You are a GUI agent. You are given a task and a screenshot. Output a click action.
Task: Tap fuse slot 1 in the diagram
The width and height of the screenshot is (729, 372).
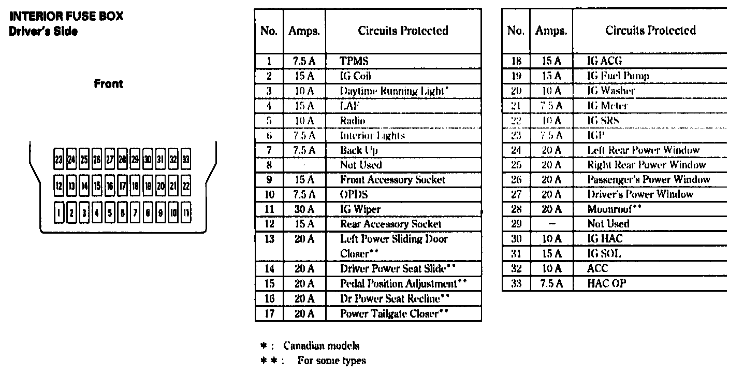(60, 213)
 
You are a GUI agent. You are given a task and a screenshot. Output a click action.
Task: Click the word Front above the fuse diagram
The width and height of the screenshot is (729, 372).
(108, 83)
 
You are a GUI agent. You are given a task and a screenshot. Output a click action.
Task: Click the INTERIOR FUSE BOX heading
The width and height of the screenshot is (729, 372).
(66, 16)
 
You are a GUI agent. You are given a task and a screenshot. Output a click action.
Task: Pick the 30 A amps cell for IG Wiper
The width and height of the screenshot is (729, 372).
(304, 209)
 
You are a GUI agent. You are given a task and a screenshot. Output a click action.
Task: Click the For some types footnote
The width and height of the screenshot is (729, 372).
(331, 361)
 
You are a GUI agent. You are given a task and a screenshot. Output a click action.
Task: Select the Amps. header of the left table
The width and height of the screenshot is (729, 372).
(304, 31)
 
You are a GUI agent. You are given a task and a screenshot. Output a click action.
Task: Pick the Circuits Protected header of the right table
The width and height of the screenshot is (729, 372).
(650, 31)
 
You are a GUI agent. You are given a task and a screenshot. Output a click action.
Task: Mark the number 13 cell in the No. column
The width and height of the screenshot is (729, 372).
(269, 239)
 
